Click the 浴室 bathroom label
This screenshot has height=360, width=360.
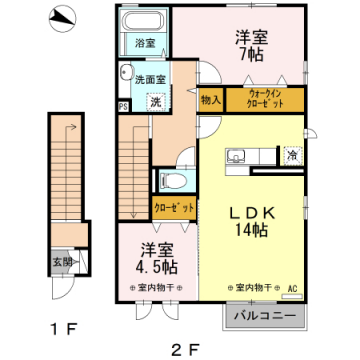pos(146,43)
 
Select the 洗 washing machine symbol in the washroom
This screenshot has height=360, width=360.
pos(156,101)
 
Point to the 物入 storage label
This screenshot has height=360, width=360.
pos(210,100)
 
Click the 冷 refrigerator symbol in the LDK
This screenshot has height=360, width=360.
pos(292,155)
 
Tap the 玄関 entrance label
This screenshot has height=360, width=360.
pos(62,263)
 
